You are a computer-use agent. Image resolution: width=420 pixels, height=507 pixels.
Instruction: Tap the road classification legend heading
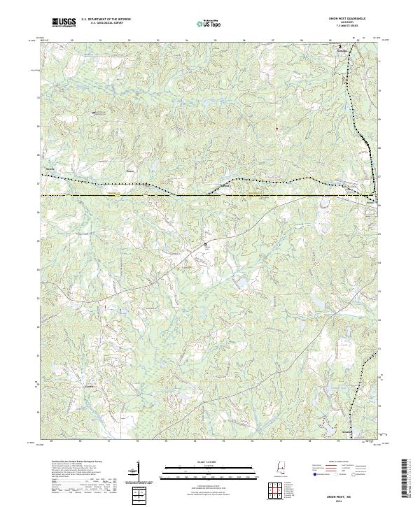pyautogui.click(x=337, y=462)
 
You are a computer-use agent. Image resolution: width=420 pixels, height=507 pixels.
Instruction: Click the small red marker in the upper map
pyautogui.click(x=276, y=128)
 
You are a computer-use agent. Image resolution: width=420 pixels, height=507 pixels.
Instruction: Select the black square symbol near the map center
pyautogui.click(x=206, y=244)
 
